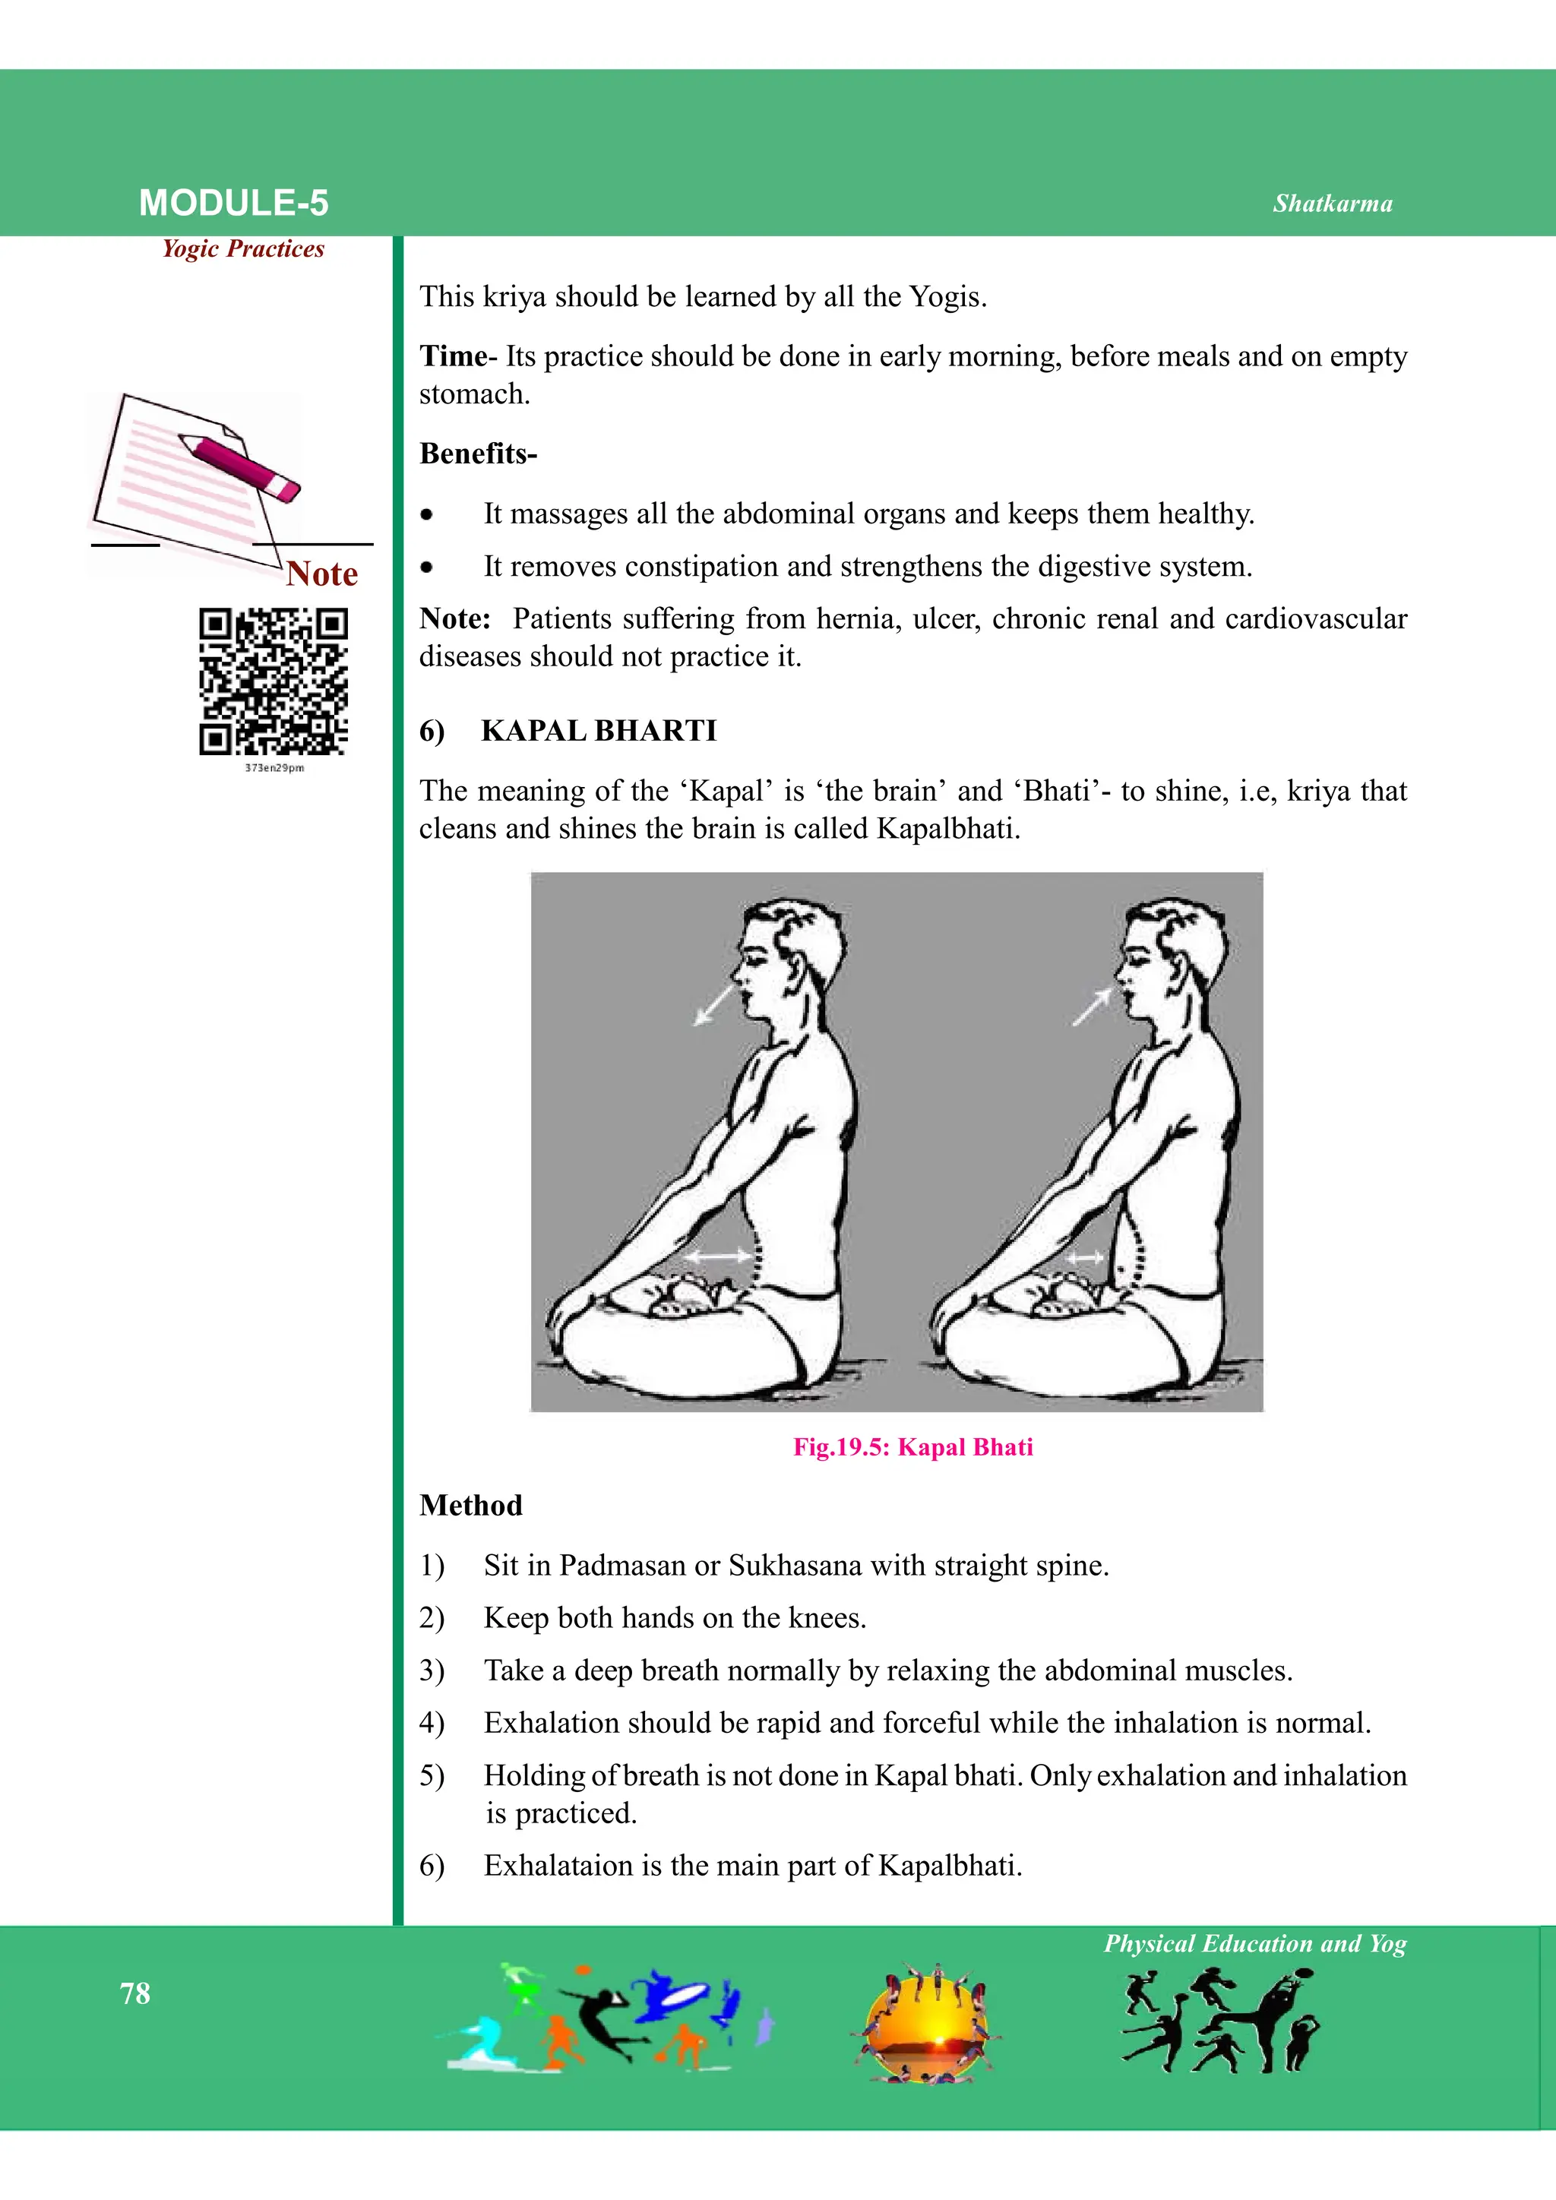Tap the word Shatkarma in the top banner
pos(1332,203)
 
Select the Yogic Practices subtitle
pos(243,249)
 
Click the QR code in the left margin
pos(273,681)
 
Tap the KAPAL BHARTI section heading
pos(598,730)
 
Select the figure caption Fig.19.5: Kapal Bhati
pos(912,1447)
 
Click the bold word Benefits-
pos(478,454)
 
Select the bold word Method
pos(470,1506)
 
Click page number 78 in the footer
pos(135,1994)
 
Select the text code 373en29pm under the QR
pos(274,767)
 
